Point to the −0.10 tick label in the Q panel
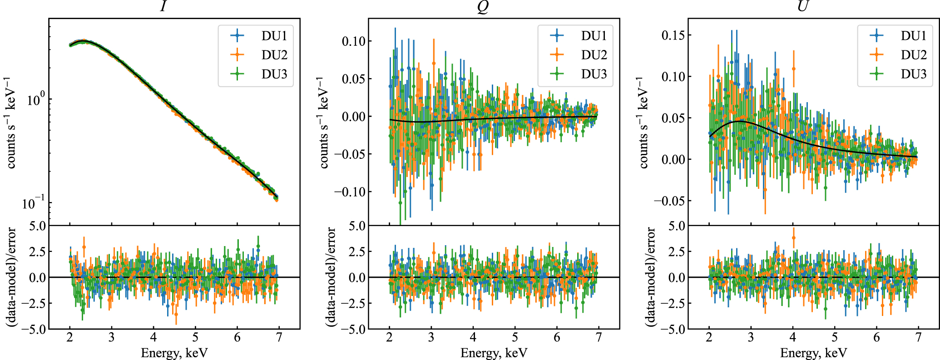pos(349,192)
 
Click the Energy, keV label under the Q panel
pos(494,353)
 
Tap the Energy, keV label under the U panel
pos(813,353)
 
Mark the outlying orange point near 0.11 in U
pos(794,69)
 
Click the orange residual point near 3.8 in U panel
pos(794,237)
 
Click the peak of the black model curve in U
pos(739,121)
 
